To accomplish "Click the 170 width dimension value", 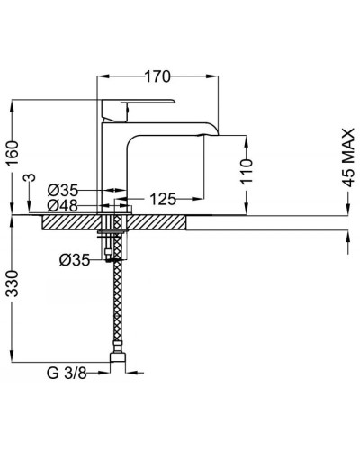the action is [157, 76].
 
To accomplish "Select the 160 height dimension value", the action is [13, 153].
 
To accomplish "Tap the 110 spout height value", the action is [247, 172].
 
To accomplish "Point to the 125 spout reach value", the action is [163, 199].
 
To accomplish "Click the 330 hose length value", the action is [13, 283].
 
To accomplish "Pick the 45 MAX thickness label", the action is [348, 157].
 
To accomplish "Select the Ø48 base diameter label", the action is [63, 206].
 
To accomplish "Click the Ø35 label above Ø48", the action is [63, 190].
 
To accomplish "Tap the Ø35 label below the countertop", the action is [75, 260].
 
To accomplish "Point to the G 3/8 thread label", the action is [67, 373].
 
